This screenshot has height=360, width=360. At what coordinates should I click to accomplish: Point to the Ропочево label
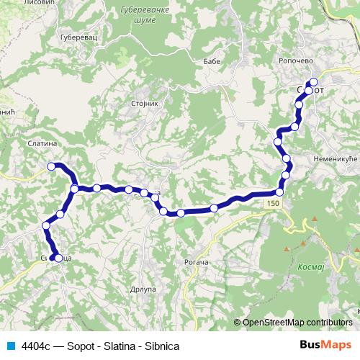(295, 62)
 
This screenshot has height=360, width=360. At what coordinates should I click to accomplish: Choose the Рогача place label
(196, 263)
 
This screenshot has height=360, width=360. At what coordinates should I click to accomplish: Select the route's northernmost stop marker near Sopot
(313, 81)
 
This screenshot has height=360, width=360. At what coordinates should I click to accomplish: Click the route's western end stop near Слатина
(51, 166)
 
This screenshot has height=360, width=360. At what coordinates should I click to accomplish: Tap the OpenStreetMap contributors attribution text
(297, 323)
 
